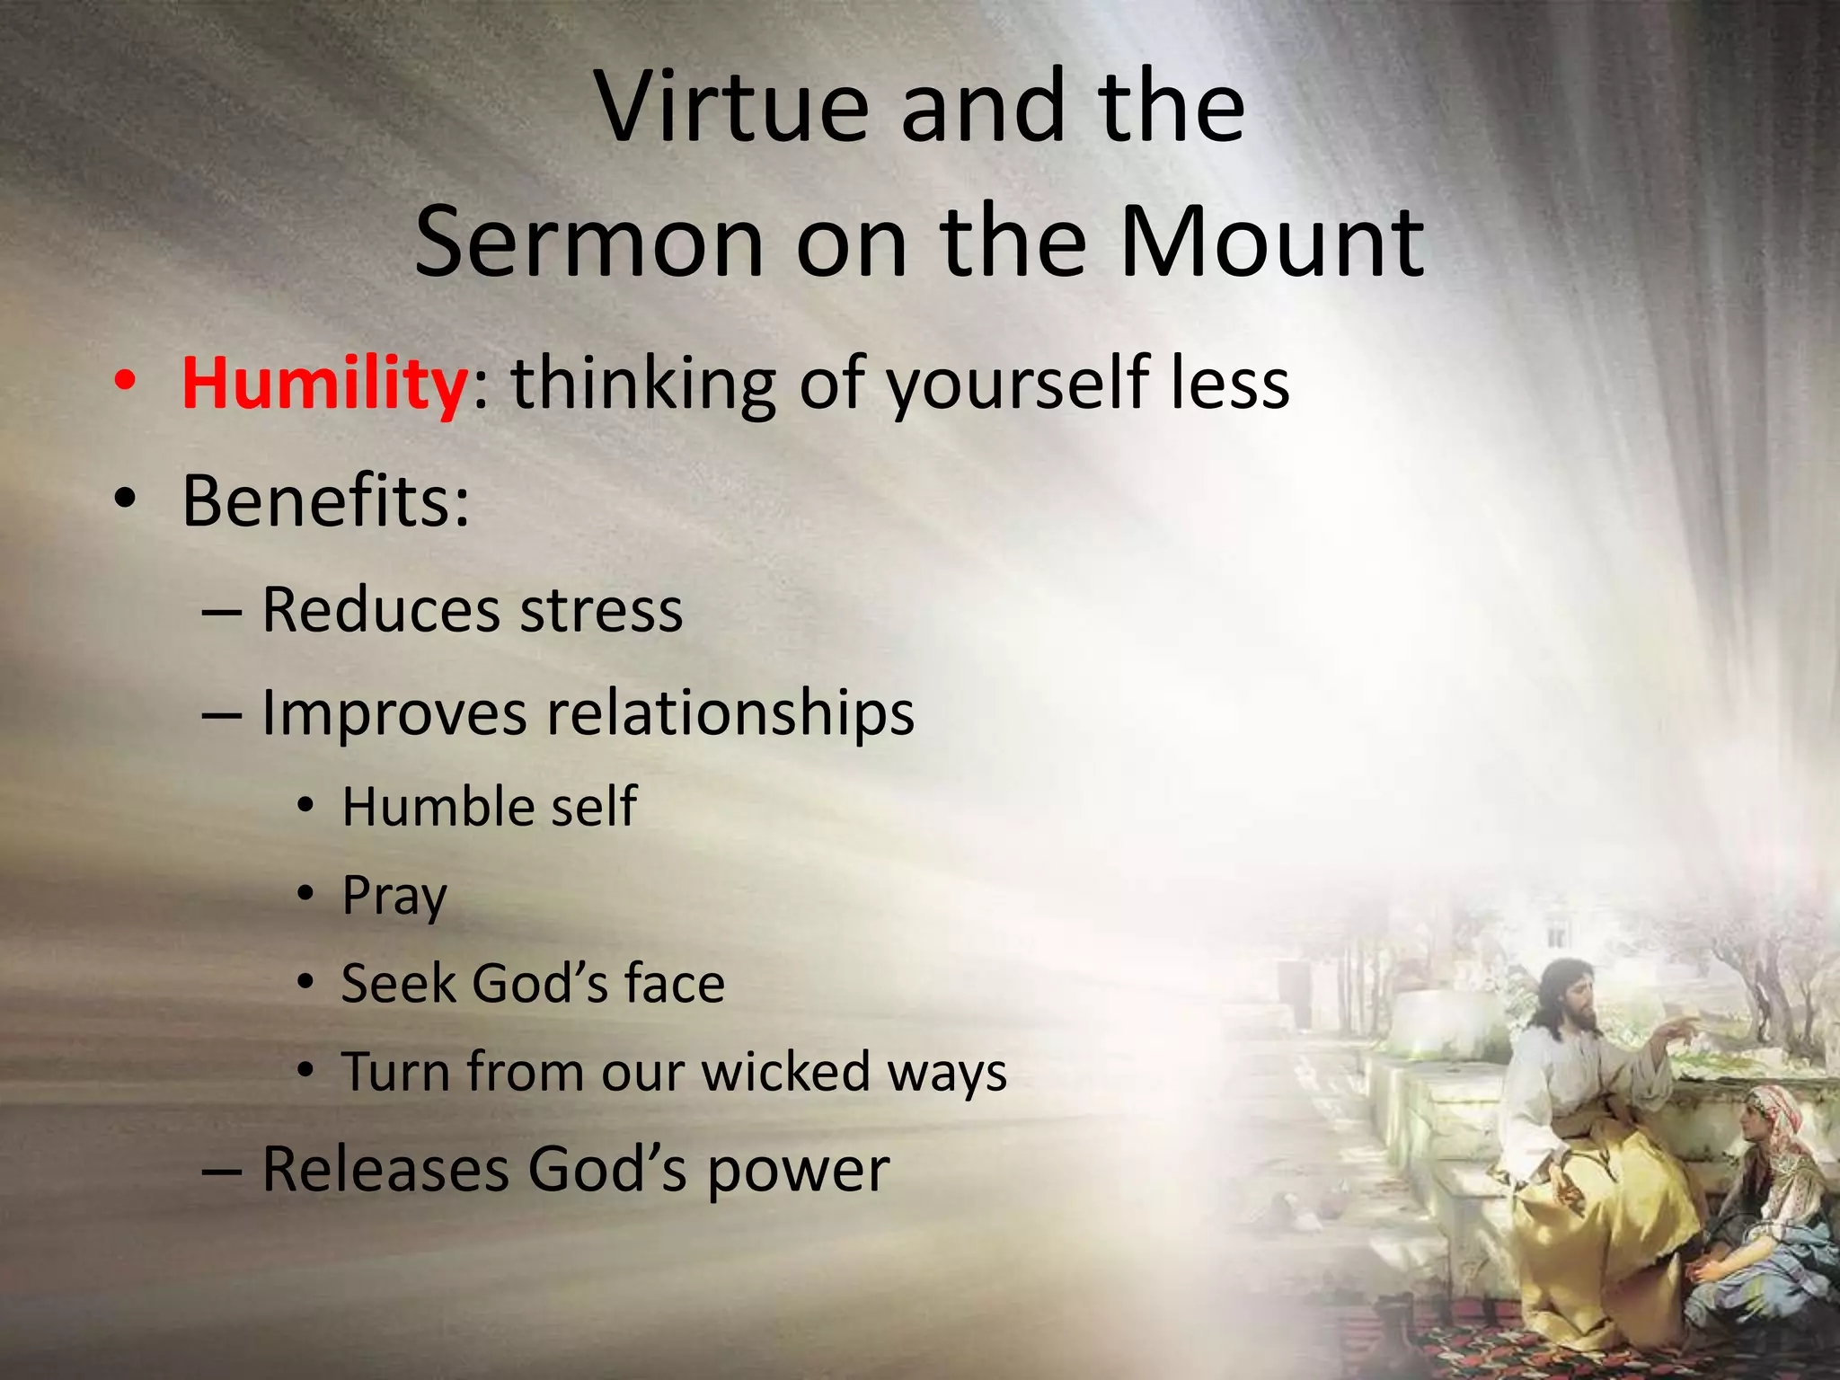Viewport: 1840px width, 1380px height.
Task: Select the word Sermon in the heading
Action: pyautogui.click(x=588, y=243)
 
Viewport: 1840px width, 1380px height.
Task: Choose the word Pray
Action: pyautogui.click(x=394, y=896)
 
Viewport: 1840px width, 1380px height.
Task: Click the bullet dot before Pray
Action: pyautogui.click(x=306, y=894)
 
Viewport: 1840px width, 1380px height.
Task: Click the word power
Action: pyautogui.click(x=798, y=1171)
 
